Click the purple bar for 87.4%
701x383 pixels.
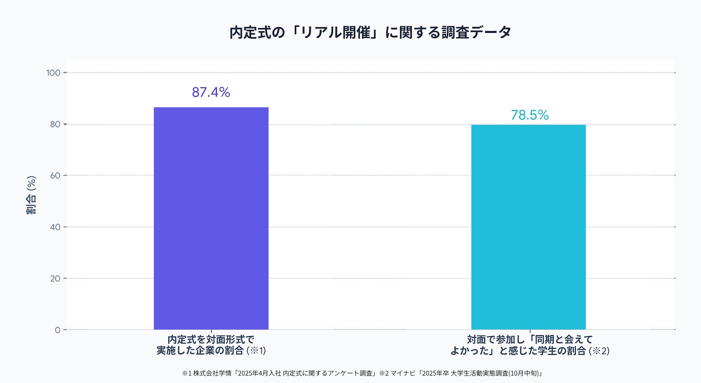click(211, 218)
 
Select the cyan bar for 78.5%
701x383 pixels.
click(528, 227)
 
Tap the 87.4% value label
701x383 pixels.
click(211, 92)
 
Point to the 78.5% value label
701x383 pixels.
click(530, 115)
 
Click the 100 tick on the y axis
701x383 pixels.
click(53, 73)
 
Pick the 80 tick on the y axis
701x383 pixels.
click(55, 125)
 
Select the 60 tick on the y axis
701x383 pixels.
click(55, 175)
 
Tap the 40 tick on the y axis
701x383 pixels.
click(55, 227)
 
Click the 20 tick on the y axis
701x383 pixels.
click(55, 278)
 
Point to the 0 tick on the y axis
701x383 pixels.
click(57, 330)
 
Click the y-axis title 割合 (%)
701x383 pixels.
click(31, 195)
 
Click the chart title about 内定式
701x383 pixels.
click(370, 32)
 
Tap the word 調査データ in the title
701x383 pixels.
click(476, 32)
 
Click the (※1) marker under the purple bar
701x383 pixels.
click(256, 351)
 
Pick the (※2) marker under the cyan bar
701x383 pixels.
click(599, 351)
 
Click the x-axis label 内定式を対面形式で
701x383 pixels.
click(211, 340)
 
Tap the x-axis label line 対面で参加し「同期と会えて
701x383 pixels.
click(530, 340)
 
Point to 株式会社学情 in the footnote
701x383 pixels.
click(212, 373)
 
